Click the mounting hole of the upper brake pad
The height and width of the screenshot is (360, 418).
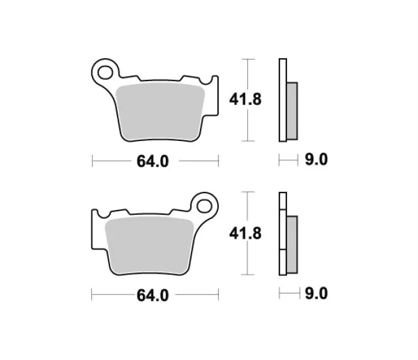point(105,73)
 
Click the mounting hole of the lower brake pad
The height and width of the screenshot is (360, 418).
point(204,206)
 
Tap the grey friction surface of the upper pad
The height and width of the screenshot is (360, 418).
point(160,112)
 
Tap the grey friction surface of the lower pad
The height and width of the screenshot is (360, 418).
point(150,245)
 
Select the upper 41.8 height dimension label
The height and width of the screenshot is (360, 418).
point(245,100)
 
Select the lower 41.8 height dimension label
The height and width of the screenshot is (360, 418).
point(245,233)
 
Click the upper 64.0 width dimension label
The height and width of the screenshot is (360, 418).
point(153,161)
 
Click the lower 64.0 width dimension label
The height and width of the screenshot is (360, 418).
point(153,295)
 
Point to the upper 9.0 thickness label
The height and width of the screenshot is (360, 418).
point(316,160)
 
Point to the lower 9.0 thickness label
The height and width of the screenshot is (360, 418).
point(316,293)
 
